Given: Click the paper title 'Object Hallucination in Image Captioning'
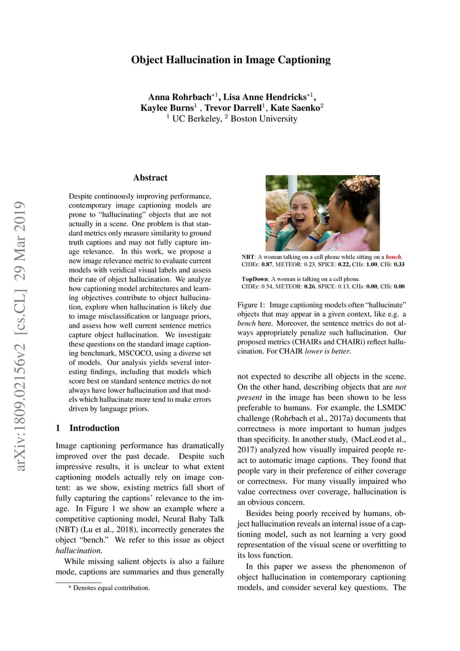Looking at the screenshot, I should (231, 59).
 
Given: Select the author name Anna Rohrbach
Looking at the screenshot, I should (179, 97).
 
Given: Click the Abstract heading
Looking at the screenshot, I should (150, 178).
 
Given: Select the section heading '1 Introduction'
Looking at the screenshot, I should (88, 428).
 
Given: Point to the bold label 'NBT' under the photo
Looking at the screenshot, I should (248, 257).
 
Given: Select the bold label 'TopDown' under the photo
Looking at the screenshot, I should (254, 279).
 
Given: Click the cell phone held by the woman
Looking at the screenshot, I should (292, 221).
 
